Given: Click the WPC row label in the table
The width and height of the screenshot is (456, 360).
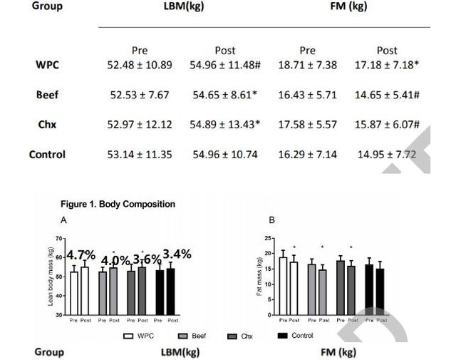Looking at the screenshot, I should (x=47, y=65).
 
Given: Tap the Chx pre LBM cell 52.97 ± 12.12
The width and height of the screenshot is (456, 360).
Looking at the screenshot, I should (x=140, y=125).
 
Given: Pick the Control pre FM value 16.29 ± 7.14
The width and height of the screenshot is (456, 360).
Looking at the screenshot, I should (x=307, y=155).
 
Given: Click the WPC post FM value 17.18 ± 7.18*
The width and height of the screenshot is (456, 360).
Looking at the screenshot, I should (x=387, y=65).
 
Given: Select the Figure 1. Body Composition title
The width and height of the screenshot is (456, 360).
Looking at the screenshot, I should (x=118, y=205).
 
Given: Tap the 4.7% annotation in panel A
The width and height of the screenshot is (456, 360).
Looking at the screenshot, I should (x=81, y=254).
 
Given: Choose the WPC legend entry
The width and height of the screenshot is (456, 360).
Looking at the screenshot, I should (x=140, y=335).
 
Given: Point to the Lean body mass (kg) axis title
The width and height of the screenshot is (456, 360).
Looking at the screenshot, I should (x=51, y=277).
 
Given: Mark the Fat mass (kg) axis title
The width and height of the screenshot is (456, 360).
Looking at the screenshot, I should (x=259, y=277).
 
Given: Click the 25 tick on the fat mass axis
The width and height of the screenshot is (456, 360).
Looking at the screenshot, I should (x=267, y=238).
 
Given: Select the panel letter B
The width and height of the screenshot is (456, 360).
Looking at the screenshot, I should (x=271, y=220).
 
